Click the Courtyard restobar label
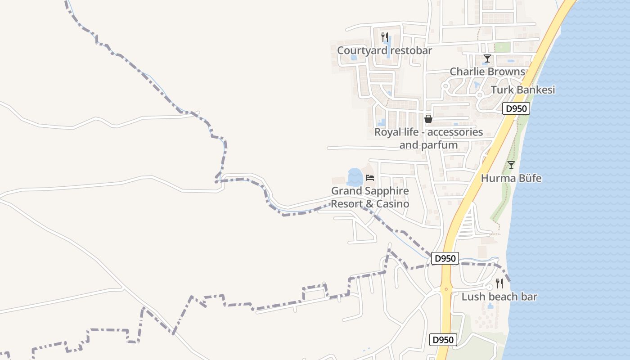pyautogui.click(x=384, y=50)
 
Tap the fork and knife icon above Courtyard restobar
pyautogui.click(x=384, y=37)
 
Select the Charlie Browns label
pyautogui.click(x=487, y=72)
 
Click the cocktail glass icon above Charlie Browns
pyautogui.click(x=487, y=58)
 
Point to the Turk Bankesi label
pyautogui.click(x=523, y=90)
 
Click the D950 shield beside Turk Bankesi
pyautogui.click(x=516, y=108)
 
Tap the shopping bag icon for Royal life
pyautogui.click(x=428, y=119)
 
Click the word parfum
pyautogui.click(x=439, y=145)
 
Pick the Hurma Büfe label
pyautogui.click(x=511, y=178)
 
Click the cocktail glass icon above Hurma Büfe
pyautogui.click(x=511, y=165)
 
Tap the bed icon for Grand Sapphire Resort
pyautogui.click(x=370, y=178)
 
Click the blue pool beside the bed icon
pyautogui.click(x=355, y=177)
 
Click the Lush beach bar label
pyautogui.click(x=499, y=297)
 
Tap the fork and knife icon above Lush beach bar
pyautogui.click(x=499, y=283)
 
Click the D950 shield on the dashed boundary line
pyautogui.click(x=445, y=258)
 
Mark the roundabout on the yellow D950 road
pyautogui.click(x=446, y=289)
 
